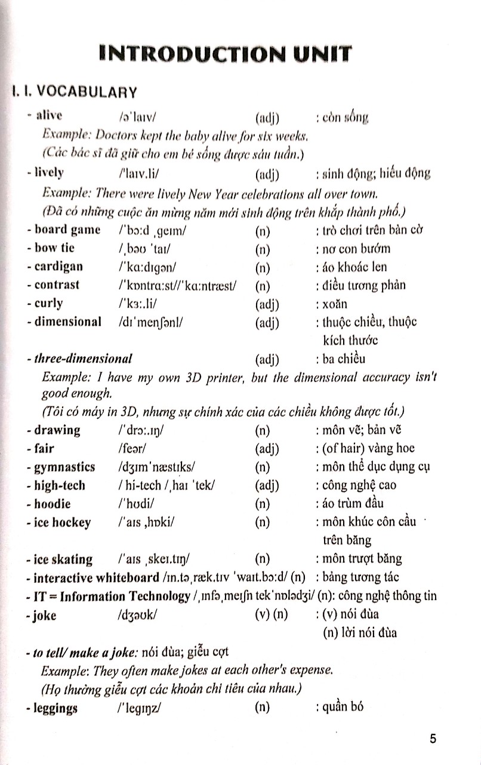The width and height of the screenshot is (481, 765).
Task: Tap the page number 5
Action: click(x=433, y=738)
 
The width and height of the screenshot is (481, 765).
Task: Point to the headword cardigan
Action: click(x=58, y=267)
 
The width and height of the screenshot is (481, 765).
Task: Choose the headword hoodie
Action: click(x=53, y=504)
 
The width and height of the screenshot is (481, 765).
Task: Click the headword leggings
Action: click(x=56, y=709)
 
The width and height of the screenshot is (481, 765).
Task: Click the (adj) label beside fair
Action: click(x=267, y=448)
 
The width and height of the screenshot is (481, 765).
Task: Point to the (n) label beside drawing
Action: click(x=262, y=430)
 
